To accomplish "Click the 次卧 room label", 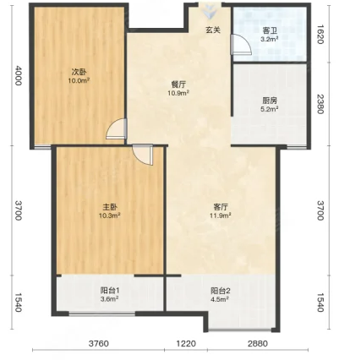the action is click(79, 72).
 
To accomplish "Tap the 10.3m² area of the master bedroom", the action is click(110, 215).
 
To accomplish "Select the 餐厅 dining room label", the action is click(178, 85).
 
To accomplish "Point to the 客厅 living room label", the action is click(221, 207).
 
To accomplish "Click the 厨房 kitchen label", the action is click(270, 101).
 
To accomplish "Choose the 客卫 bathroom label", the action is click(270, 30).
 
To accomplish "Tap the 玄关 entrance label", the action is click(213, 30).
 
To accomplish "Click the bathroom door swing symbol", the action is click(240, 45).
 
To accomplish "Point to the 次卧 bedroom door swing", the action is click(117, 128).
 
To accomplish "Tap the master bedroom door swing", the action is click(143, 155).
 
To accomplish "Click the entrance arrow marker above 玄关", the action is click(210, 12).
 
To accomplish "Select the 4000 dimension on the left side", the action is click(19, 75).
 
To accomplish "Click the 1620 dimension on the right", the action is click(320, 35).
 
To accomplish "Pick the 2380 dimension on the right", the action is click(320, 104).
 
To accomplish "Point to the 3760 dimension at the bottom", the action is click(98, 344).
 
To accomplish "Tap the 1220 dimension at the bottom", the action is click(186, 344).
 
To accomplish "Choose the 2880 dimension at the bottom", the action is click(258, 344).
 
